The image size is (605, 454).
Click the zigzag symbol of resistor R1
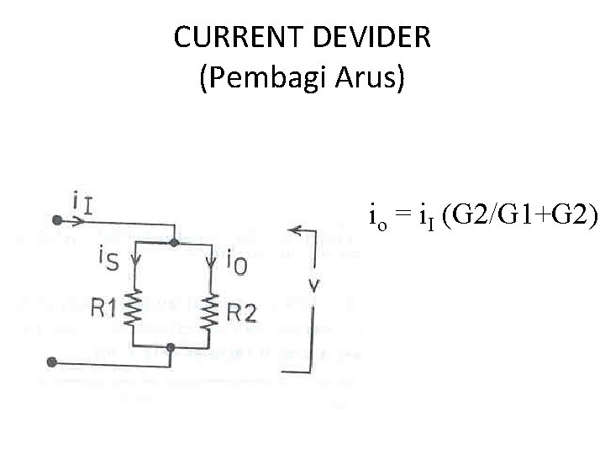[133, 309]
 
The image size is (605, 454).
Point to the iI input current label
[82, 203]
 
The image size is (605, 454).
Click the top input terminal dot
[56, 220]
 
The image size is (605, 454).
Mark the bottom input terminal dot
[52, 362]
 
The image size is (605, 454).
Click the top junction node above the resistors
[173, 242]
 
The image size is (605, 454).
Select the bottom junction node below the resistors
[171, 346]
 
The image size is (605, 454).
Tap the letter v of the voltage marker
[313, 283]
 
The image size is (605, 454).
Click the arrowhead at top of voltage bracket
[292, 229]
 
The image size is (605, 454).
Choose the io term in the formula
[377, 218]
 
